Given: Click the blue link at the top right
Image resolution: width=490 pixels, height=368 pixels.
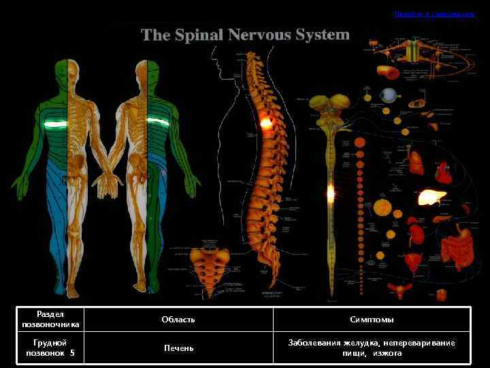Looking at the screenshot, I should (x=434, y=14).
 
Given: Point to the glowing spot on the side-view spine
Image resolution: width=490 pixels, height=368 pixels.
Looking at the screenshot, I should (x=265, y=123).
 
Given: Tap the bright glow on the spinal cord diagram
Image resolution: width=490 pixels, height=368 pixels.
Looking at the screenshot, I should (x=331, y=193).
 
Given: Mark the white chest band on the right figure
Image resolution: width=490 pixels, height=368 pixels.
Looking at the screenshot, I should (x=158, y=123).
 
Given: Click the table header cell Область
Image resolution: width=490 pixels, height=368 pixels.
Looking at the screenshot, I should (x=178, y=320).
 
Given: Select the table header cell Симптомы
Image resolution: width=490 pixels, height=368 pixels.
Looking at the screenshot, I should (x=372, y=320).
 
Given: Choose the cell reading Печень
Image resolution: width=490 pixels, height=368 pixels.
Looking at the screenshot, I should (x=178, y=348).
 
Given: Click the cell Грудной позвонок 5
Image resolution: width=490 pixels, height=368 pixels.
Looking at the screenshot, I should (x=50, y=348).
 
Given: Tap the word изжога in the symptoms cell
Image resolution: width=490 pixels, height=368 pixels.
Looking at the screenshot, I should (x=387, y=354).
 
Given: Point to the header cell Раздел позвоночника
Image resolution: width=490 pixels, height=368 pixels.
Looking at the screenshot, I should (x=50, y=319).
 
